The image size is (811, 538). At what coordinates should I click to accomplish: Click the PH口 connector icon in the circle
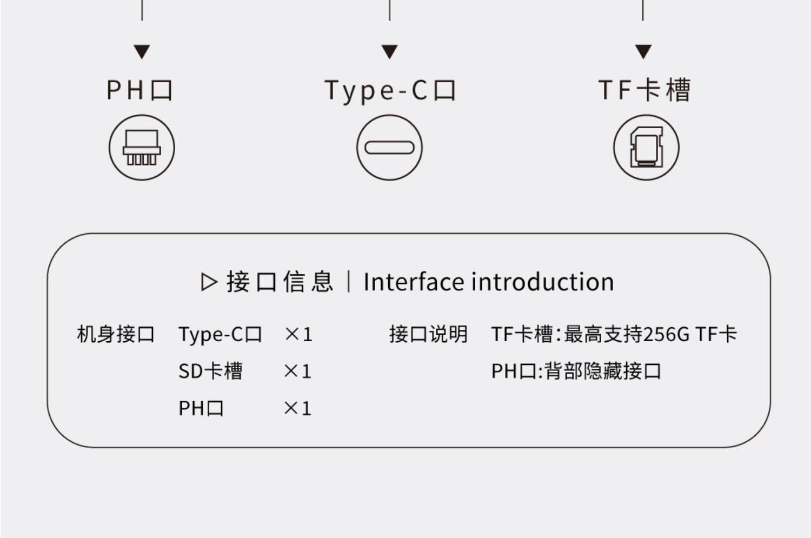(x=142, y=148)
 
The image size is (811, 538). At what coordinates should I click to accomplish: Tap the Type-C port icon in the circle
(x=389, y=148)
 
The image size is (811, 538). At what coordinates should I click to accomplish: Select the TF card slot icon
(x=646, y=148)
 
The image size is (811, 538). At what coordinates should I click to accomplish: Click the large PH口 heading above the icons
(x=139, y=90)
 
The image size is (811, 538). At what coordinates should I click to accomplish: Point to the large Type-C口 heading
(x=390, y=90)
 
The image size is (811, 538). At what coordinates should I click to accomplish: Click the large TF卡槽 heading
(x=644, y=90)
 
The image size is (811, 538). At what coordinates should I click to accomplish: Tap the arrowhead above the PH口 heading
(x=142, y=52)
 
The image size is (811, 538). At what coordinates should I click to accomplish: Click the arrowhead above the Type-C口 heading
(x=389, y=52)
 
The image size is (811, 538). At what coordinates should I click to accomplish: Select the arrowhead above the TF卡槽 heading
(x=643, y=52)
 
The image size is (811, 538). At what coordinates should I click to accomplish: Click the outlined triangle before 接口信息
(x=209, y=282)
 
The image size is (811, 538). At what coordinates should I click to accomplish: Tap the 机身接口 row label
(x=116, y=334)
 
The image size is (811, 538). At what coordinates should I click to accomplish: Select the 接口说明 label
(x=428, y=334)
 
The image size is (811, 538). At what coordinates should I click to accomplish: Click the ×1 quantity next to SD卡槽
(x=298, y=371)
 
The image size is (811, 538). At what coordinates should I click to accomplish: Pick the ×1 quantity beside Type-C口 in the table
(x=298, y=334)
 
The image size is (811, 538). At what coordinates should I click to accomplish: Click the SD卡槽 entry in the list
(x=210, y=371)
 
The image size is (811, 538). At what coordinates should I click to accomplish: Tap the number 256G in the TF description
(x=667, y=334)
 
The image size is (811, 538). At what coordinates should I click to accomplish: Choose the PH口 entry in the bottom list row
(x=201, y=408)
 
